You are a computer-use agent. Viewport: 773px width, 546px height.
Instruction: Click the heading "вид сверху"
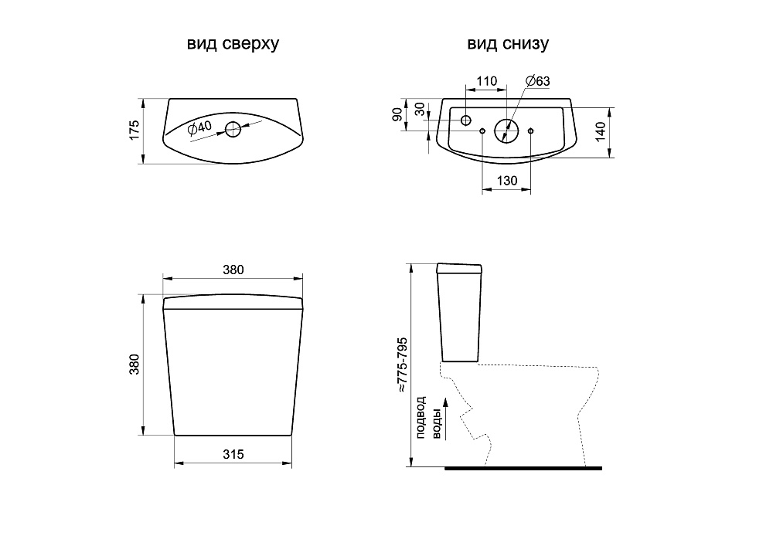click(233, 44)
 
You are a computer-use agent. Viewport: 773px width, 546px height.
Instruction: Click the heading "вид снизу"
click(507, 44)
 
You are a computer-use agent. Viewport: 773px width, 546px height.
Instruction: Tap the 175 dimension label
click(135, 130)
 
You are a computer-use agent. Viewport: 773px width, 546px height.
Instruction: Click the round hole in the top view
click(233, 129)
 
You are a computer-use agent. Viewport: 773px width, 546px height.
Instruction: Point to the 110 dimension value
click(486, 81)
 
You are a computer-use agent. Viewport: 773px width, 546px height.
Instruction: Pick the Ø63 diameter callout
click(536, 81)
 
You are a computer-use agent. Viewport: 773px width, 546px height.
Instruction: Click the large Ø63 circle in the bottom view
click(506, 130)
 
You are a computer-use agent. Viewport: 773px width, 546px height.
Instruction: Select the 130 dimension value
click(506, 181)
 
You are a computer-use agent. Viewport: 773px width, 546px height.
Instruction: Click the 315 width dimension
click(233, 455)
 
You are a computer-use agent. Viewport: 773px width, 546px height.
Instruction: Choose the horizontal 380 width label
click(233, 270)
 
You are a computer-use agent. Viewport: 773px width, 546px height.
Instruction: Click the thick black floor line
click(523, 468)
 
